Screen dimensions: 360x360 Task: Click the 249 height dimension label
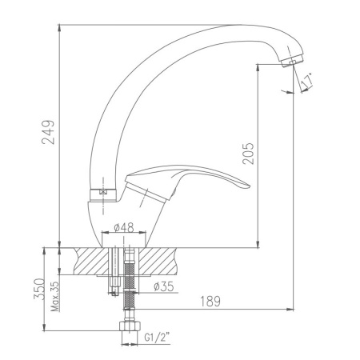[48, 132]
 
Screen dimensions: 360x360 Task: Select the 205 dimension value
[248, 154]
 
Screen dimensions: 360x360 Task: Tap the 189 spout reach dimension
[210, 302]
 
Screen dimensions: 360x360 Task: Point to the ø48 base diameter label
[124, 228]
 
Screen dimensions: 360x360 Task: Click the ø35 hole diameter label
[163, 286]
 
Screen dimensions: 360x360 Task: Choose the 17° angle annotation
[306, 81]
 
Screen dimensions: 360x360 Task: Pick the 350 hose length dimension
[39, 290]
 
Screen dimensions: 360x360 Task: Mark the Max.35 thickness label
[55, 296]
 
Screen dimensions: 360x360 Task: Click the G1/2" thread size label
[157, 338]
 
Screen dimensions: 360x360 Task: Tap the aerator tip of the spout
[292, 62]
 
